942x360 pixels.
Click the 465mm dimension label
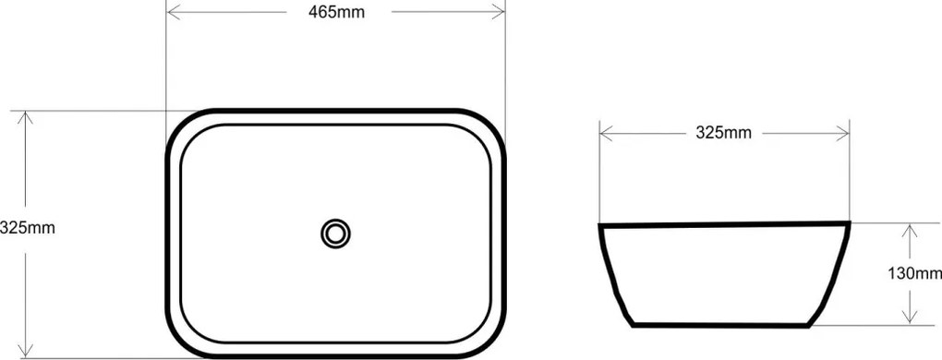[336, 12]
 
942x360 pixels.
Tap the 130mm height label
[915, 273]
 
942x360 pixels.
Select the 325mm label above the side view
[723, 133]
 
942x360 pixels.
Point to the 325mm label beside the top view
[28, 228]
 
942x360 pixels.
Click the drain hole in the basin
[336, 234]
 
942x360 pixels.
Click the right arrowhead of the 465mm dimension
[498, 12]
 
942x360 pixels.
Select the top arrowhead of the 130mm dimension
[911, 231]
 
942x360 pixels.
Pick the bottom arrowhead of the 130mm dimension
[911, 318]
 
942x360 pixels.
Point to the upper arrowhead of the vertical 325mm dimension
[25, 118]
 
